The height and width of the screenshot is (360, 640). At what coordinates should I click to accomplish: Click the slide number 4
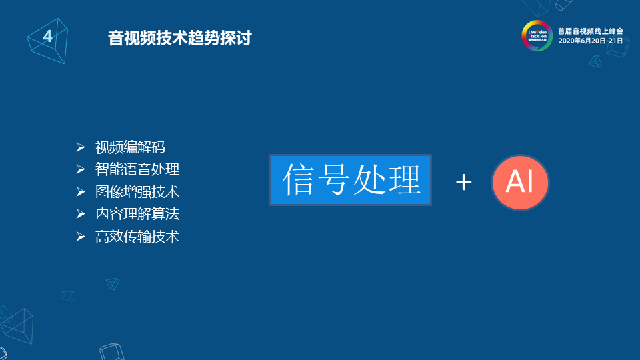pos(47,36)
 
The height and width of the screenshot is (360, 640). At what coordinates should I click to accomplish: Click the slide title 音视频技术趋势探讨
pos(179,38)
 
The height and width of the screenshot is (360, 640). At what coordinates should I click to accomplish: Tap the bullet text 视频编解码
pos(130,147)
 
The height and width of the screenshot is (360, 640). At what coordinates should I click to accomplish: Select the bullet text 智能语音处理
pos(137,169)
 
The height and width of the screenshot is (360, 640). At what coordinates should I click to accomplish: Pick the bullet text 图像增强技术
pos(137,192)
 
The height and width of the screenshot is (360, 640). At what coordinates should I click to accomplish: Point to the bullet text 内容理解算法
pos(137,214)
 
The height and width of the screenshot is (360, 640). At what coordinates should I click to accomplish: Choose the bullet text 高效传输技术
pos(137,236)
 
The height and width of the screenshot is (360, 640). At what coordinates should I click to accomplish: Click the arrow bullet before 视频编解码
pos(81,147)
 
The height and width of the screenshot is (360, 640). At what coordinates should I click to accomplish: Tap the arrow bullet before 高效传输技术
pos(81,236)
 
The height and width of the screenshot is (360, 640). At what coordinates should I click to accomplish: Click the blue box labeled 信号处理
pos(351,180)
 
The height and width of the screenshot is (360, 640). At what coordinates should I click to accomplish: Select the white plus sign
pos(464,182)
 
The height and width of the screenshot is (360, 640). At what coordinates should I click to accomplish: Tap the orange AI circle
pos(520,181)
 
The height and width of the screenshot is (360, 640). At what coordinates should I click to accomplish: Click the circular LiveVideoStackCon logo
pos(537,35)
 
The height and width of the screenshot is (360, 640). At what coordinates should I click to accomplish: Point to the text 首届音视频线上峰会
pos(590,31)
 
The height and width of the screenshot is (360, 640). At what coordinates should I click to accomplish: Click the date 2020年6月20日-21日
pos(590,41)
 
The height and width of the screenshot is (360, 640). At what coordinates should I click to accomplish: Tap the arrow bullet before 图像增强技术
pos(81,192)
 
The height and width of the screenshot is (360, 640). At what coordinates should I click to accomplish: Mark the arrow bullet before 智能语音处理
pos(81,169)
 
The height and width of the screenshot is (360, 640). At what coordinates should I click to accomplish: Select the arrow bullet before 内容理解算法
pos(81,214)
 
